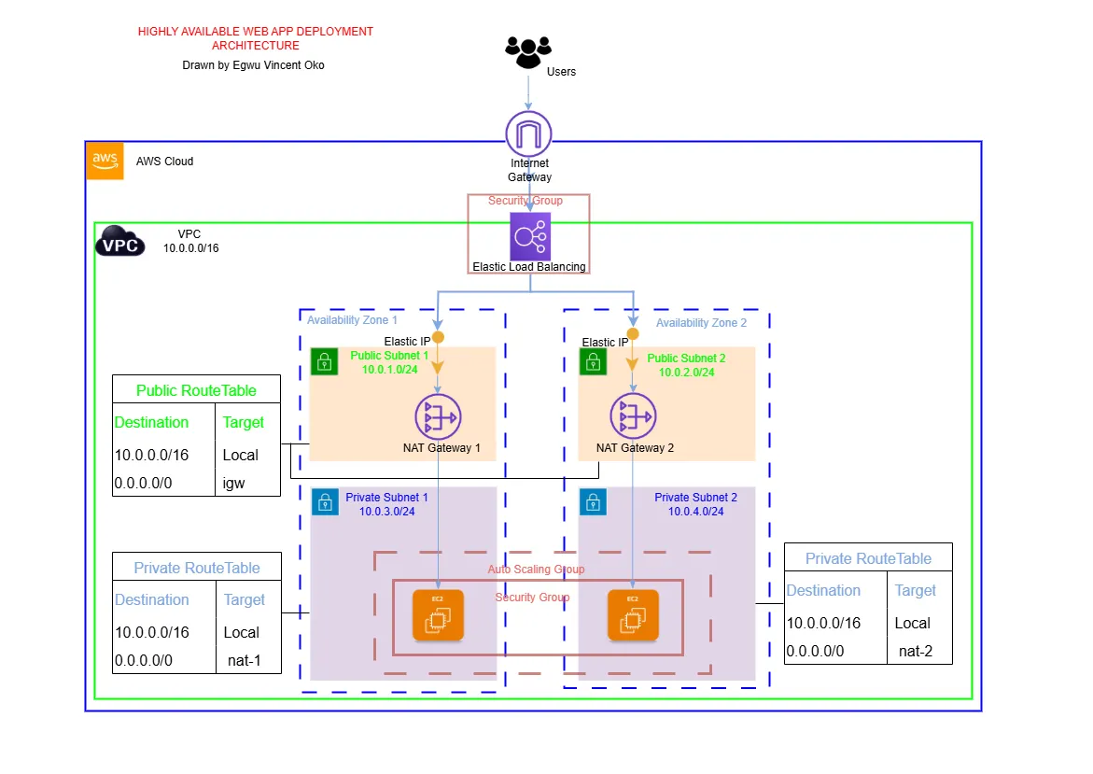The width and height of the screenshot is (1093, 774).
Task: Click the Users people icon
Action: click(x=528, y=51)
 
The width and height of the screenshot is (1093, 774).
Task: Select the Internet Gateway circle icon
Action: click(x=529, y=134)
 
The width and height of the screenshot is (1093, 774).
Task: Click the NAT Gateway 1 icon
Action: click(x=439, y=415)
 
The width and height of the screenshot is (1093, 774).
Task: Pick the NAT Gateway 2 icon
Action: click(x=634, y=415)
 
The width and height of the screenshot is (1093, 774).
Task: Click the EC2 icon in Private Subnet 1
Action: click(x=439, y=616)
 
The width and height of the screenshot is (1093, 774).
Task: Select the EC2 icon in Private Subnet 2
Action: click(x=633, y=616)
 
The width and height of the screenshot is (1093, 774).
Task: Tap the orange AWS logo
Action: click(x=105, y=161)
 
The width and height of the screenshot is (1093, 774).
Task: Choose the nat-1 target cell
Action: click(x=244, y=660)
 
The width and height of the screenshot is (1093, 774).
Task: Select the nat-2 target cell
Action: click(x=915, y=651)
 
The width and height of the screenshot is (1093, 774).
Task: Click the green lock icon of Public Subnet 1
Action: click(x=324, y=361)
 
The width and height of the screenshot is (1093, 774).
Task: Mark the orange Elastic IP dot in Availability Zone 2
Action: click(x=633, y=334)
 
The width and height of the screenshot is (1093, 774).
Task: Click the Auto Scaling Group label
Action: click(x=536, y=569)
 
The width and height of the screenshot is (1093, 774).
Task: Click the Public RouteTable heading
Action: click(x=196, y=390)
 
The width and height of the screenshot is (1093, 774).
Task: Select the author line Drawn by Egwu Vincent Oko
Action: click(x=254, y=65)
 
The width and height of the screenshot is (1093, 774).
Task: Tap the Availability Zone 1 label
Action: click(x=352, y=320)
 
